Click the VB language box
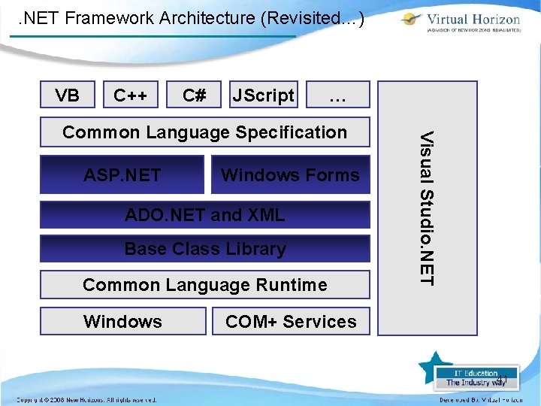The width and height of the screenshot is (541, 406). click(x=68, y=95)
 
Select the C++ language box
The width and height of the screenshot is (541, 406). click(x=130, y=95)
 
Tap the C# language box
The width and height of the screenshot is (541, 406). click(x=195, y=95)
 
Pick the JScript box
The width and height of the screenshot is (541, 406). click(x=263, y=95)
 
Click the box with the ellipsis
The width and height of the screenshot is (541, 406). click(x=338, y=95)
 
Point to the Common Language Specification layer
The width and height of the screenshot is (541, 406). click(x=204, y=132)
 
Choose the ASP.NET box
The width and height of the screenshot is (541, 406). click(x=122, y=175)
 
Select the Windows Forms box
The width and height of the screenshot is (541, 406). click(x=290, y=175)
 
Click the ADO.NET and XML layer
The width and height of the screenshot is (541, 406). click(x=204, y=215)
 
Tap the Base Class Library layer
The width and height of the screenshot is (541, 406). click(x=204, y=249)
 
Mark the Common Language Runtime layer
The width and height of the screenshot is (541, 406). click(x=204, y=285)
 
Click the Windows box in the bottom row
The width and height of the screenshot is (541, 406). click(x=122, y=321)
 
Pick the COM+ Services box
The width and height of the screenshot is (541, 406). click(x=291, y=321)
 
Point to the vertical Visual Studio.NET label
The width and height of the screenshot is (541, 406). click(x=427, y=208)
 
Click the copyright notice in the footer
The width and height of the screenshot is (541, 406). click(x=86, y=399)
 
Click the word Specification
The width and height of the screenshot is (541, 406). click(x=291, y=132)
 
